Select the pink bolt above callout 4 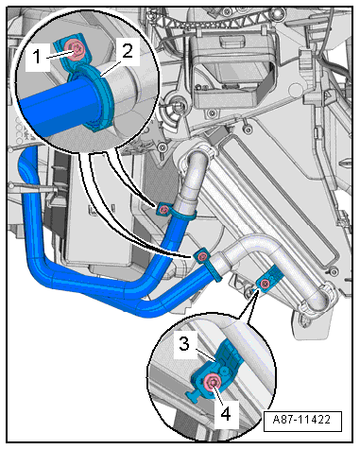pos(214,381)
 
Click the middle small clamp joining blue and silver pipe pos(202,257)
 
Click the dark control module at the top pos(232,72)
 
